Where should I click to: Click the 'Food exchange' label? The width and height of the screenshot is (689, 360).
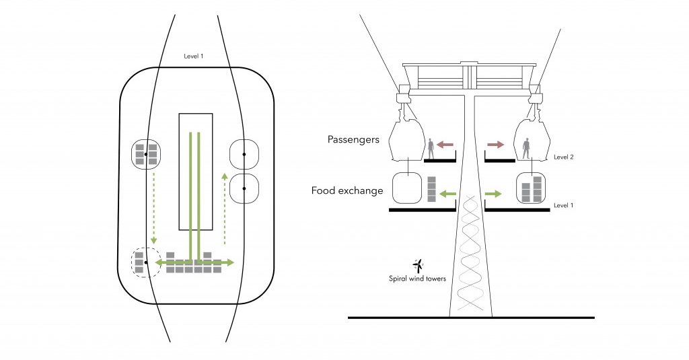click(347, 191)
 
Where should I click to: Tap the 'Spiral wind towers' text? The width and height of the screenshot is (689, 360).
click(417, 279)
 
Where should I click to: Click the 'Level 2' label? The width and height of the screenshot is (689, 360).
click(563, 157)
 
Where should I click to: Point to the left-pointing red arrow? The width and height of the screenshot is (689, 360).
click(445, 144)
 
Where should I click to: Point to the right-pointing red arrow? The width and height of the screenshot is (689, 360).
click(497, 144)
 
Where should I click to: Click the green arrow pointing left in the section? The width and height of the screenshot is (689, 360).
click(448, 194)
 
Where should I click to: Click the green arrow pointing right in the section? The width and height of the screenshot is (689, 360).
click(493, 194)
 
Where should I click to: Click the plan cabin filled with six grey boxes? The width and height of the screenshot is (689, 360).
click(145, 154)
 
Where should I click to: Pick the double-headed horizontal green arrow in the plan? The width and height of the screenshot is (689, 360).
click(194, 262)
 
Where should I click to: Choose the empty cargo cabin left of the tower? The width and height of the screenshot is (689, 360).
click(407, 188)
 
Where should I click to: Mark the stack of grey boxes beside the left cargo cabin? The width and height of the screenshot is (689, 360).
click(432, 190)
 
